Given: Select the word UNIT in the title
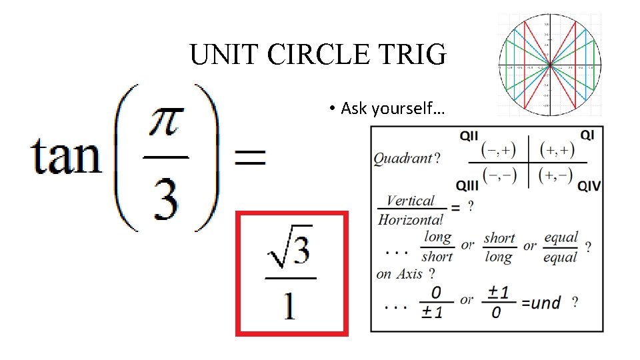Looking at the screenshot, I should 225,54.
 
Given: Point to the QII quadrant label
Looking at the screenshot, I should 469,136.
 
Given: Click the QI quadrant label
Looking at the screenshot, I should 587,135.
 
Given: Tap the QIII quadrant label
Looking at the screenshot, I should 467,185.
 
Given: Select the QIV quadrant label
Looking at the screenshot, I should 588,185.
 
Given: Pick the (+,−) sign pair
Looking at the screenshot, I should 557,175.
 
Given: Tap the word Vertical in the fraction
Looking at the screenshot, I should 410,201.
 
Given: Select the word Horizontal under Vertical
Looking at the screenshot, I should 410,219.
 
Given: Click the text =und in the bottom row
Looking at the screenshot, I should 541,303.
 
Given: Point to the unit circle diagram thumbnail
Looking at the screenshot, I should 549,64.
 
